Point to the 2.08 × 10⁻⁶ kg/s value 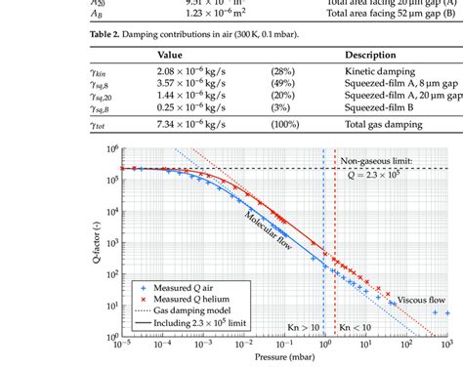tap(193, 72)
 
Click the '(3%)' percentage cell tap(280, 110)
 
